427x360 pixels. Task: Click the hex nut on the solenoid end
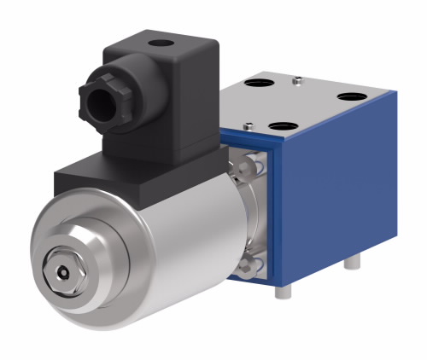(65, 270)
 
